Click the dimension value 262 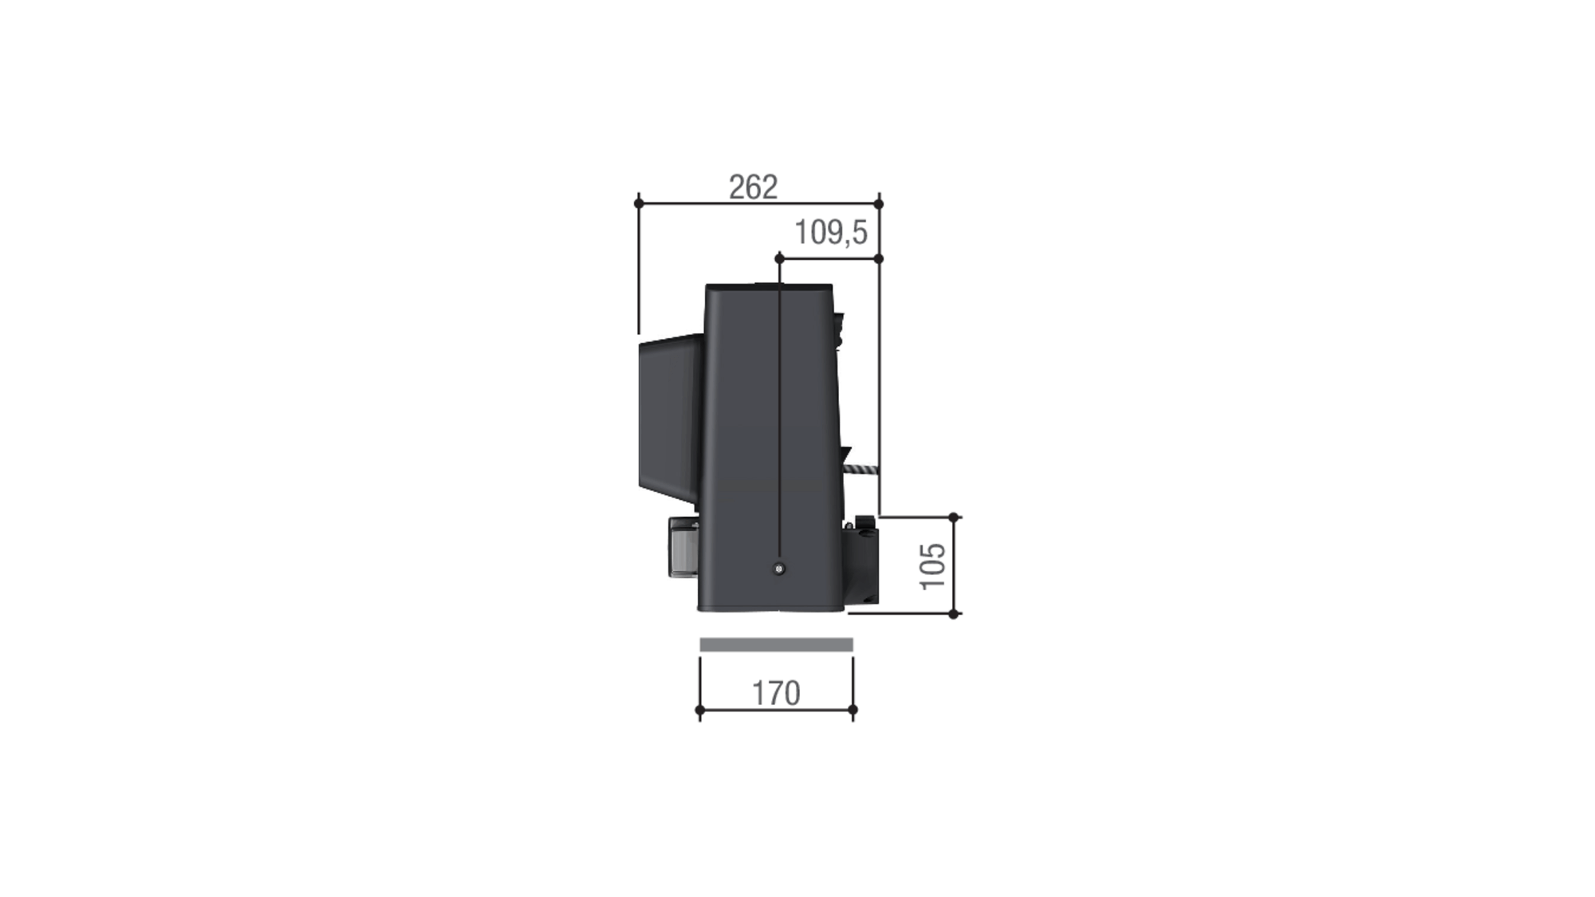pyautogui.click(x=753, y=187)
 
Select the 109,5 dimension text pyautogui.click(x=830, y=233)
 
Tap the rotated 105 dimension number pyautogui.click(x=932, y=566)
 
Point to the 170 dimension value pyautogui.click(x=776, y=693)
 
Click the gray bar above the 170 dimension pyautogui.click(x=776, y=644)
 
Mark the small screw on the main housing pyautogui.click(x=779, y=568)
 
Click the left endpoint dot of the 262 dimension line pyautogui.click(x=639, y=203)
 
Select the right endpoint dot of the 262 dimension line pyautogui.click(x=879, y=203)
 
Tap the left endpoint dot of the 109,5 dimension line pyautogui.click(x=779, y=258)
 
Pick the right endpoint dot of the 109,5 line pyautogui.click(x=879, y=258)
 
